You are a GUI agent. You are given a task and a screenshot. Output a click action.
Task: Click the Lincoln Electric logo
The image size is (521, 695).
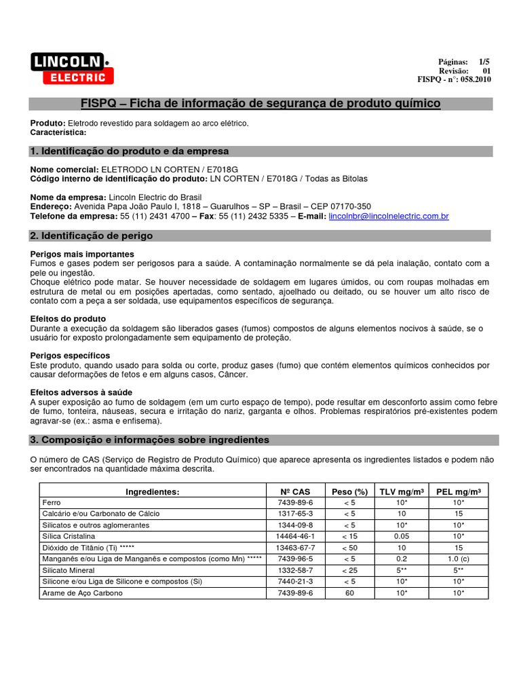[71, 69]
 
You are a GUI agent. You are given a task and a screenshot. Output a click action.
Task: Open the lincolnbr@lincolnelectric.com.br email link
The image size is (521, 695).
[388, 217]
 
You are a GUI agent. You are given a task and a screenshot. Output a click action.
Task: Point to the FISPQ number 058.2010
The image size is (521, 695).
[475, 79]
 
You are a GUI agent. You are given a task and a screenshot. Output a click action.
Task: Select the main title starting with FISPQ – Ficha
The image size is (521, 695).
[260, 103]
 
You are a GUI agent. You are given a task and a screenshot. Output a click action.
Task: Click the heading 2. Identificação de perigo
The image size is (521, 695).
[92, 236]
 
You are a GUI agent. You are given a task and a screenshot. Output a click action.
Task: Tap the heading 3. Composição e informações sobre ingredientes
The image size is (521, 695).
[149, 440]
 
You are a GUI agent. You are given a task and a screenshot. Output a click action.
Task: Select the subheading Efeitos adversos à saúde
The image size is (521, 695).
[81, 392]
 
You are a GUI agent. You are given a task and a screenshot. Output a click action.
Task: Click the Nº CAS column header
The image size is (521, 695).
[295, 492]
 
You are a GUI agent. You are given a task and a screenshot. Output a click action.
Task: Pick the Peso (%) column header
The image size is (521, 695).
[349, 492]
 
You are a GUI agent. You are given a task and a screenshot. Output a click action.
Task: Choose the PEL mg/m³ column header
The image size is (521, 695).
[459, 492]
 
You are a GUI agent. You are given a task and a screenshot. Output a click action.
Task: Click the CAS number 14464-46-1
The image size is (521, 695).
[295, 536]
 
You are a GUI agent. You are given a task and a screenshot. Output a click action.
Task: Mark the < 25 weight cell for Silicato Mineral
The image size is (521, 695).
[349, 570]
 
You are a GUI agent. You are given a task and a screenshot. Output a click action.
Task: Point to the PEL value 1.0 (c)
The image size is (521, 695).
[459, 559]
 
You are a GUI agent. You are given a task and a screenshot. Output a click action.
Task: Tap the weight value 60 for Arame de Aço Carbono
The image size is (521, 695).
[349, 593]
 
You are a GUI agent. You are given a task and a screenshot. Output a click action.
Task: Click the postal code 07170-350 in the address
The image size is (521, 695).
[348, 206]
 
